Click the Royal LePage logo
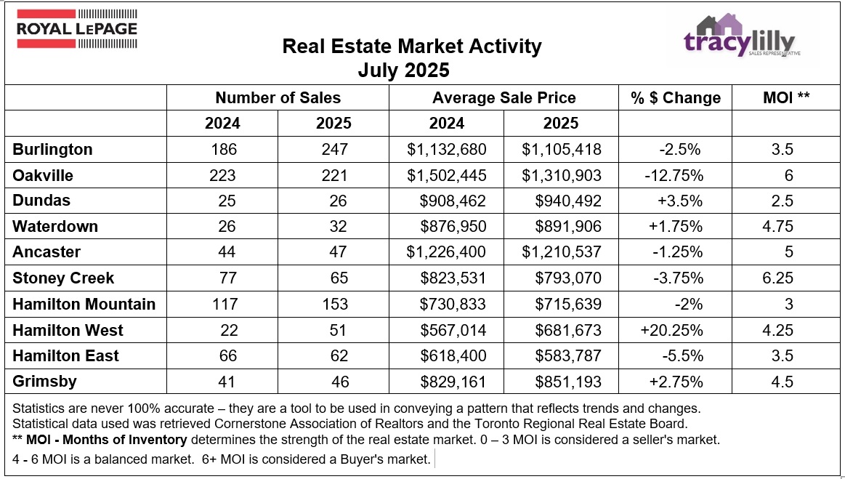click(76, 29)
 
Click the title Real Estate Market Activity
click(411, 47)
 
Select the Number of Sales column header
click(278, 98)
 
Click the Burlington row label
click(53, 150)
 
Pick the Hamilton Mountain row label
click(84, 304)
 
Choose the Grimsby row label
click(44, 381)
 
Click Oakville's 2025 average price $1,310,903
click(562, 175)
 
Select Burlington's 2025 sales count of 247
click(333, 150)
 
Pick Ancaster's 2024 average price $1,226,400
click(447, 252)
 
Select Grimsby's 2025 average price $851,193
click(567, 381)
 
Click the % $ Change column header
click(676, 98)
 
